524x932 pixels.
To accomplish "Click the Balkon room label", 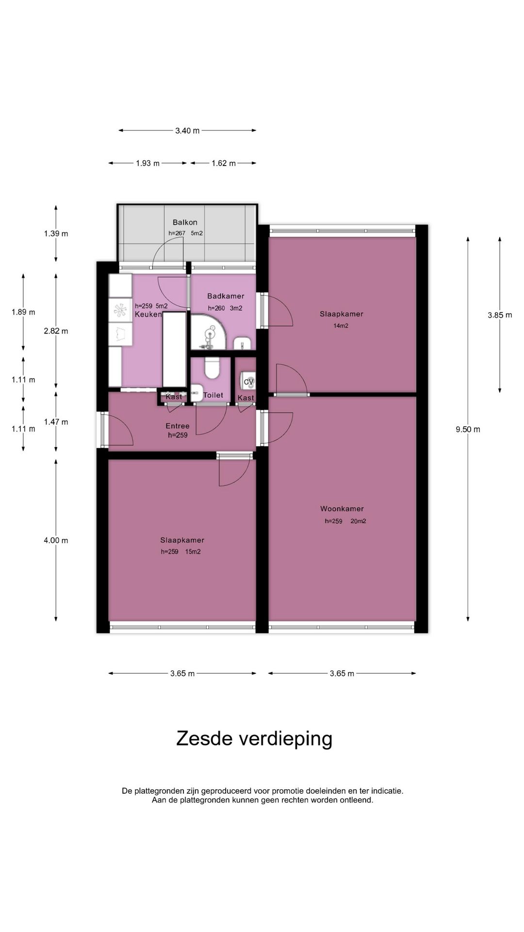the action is [185, 222].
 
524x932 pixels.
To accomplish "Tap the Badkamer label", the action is [226, 296].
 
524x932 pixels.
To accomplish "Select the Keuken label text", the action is [148, 314].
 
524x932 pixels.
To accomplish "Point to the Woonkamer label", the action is [342, 509].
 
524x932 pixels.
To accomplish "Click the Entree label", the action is [178, 426].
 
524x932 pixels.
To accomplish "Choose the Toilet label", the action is [213, 395].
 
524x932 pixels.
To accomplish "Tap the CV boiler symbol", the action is [248, 381].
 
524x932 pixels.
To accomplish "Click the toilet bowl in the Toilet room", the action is [213, 368].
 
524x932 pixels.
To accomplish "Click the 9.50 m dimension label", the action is [468, 429].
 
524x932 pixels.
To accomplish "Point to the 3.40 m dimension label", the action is [187, 131].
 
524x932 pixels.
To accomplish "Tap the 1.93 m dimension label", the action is [147, 163].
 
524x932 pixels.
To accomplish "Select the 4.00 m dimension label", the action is [56, 540].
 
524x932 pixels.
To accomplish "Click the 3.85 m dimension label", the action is [500, 315].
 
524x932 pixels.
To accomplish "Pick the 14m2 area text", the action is [341, 326].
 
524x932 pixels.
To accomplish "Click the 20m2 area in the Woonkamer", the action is [358, 521].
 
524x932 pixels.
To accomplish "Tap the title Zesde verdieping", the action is [254, 738].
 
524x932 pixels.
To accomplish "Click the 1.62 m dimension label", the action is [223, 163].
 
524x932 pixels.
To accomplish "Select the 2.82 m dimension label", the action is [56, 331].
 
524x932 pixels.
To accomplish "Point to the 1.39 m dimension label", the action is [56, 233].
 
